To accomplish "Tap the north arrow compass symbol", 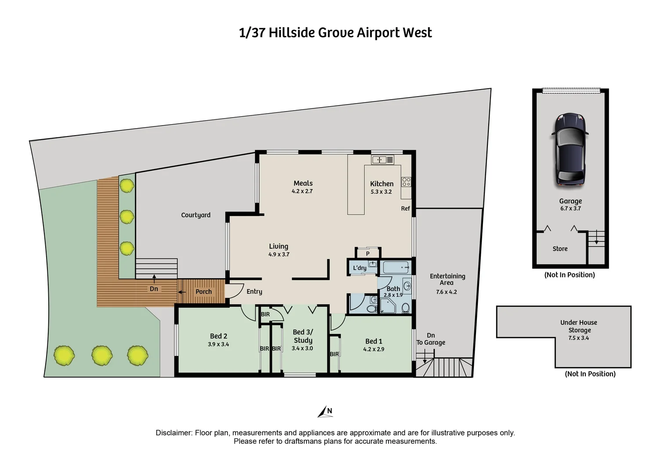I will pyautogui.click(x=325, y=412).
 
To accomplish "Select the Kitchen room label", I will pyautogui.click(x=382, y=184).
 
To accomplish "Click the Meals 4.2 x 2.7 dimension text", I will pyautogui.click(x=302, y=191).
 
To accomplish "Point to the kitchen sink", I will pyautogui.click(x=379, y=160).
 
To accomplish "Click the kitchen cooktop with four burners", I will pyautogui.click(x=406, y=182).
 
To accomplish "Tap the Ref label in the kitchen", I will pyautogui.click(x=405, y=208).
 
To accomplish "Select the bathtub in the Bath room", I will pyautogui.click(x=396, y=267).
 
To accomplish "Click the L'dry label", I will pyautogui.click(x=360, y=268).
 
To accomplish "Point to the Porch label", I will pyautogui.click(x=203, y=291).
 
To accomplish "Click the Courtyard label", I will pyautogui.click(x=196, y=215).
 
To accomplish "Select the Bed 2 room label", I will pyautogui.click(x=219, y=336).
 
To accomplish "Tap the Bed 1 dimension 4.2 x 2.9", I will pyautogui.click(x=374, y=349).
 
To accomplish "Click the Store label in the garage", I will pyautogui.click(x=560, y=249).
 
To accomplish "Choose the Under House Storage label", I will pyautogui.click(x=579, y=326).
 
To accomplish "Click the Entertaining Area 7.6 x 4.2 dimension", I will pyautogui.click(x=447, y=292).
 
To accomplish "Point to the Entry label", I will pyautogui.click(x=254, y=291).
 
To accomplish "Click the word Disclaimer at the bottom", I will pyautogui.click(x=173, y=433).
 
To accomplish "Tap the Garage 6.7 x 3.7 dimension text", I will pyautogui.click(x=570, y=208).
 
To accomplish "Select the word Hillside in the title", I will pyautogui.click(x=291, y=33).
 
